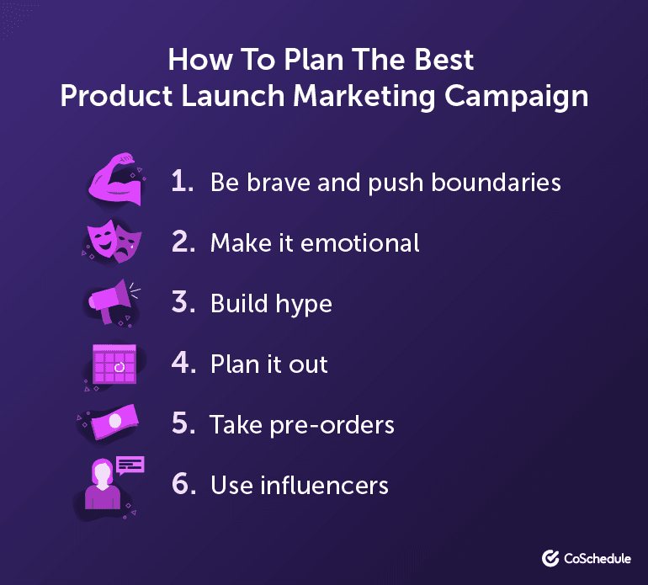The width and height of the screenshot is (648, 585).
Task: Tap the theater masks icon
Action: (x=112, y=242)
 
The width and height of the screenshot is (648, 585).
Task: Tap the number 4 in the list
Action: (x=182, y=364)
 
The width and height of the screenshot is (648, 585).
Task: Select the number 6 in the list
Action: (x=182, y=486)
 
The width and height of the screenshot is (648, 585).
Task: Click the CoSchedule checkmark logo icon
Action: (x=552, y=557)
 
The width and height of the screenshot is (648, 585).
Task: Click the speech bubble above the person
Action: (x=130, y=465)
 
